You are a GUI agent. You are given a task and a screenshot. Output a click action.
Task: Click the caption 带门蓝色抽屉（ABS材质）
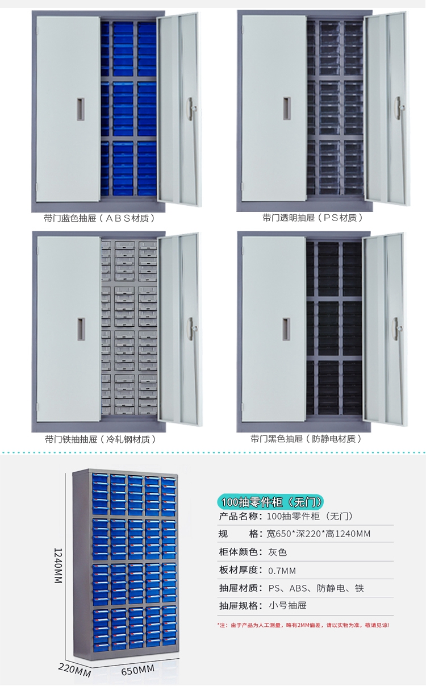click(99, 218)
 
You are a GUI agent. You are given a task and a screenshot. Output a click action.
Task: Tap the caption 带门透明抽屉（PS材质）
click(312, 218)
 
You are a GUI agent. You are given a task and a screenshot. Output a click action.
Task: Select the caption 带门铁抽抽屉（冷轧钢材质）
click(100, 439)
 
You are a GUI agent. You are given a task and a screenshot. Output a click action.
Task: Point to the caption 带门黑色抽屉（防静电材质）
click(307, 439)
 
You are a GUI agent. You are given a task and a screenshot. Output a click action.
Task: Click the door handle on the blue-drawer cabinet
click(81, 109)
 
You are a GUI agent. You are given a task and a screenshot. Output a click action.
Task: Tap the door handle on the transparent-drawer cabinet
click(286, 109)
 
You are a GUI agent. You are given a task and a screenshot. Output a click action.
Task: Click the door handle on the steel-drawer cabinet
click(81, 330)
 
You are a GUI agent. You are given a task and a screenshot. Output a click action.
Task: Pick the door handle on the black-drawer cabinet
click(286, 330)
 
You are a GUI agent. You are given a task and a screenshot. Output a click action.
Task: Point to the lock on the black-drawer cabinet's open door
click(400, 328)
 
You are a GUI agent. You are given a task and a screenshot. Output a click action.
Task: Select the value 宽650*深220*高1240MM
click(318, 534)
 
